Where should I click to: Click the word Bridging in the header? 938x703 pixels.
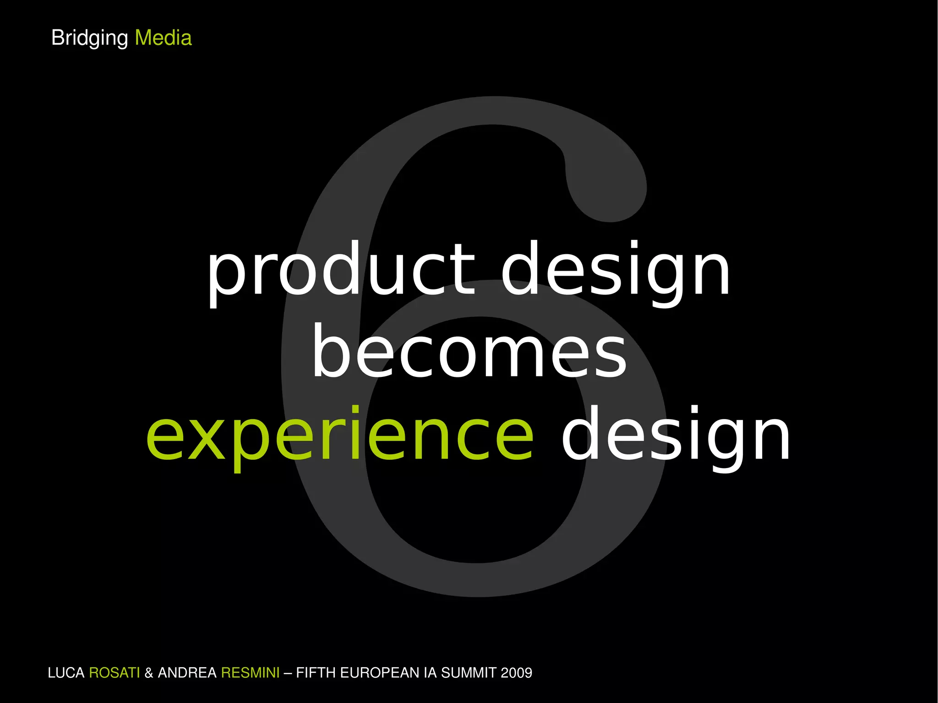(x=89, y=38)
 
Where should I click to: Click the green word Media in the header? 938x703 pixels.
(x=163, y=38)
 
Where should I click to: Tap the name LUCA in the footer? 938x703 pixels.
(x=66, y=673)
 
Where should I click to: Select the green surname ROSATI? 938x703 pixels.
(x=114, y=673)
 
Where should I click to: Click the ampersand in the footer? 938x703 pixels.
(x=149, y=673)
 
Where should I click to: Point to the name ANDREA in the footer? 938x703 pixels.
(x=187, y=673)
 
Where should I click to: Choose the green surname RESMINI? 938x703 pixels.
(x=250, y=673)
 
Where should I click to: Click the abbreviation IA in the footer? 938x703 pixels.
(x=430, y=673)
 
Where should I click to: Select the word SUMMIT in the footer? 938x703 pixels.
(x=469, y=673)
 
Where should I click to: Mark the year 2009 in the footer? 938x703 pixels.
(x=517, y=673)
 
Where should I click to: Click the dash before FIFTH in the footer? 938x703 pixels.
(x=288, y=673)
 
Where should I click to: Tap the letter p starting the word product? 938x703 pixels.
(x=223, y=275)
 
